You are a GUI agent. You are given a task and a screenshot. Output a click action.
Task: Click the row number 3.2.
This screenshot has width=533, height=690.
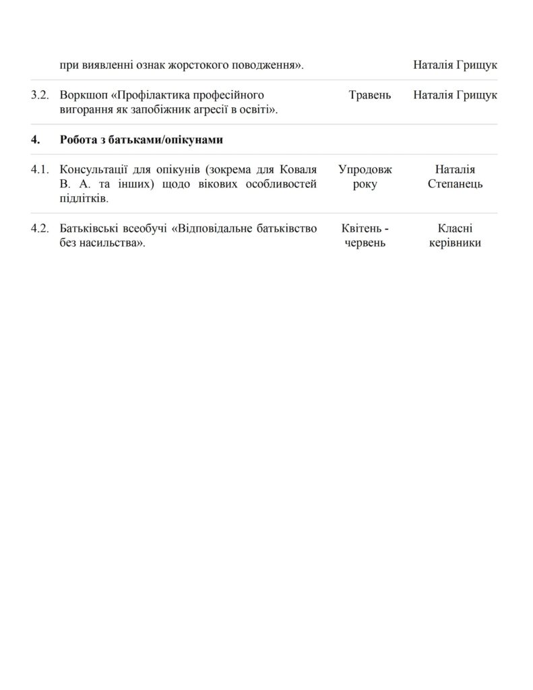click(40, 95)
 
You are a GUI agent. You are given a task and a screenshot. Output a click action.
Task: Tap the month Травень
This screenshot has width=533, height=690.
click(370, 95)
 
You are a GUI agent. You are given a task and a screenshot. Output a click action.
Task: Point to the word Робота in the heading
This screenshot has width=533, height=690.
click(78, 140)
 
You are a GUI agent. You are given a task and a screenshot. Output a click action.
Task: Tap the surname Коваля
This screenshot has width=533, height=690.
click(298, 170)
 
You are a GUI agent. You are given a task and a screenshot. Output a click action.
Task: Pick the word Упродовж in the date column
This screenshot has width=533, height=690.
click(365, 170)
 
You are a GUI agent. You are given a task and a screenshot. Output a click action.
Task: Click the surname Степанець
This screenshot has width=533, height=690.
click(455, 185)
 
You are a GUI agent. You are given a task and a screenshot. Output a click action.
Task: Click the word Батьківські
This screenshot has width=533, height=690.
click(88, 228)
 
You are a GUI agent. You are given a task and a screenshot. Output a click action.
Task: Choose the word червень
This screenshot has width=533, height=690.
click(365, 243)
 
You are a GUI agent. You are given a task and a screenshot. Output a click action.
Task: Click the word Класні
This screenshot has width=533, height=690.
click(455, 228)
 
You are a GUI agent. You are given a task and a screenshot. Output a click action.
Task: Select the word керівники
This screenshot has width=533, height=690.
click(455, 243)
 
